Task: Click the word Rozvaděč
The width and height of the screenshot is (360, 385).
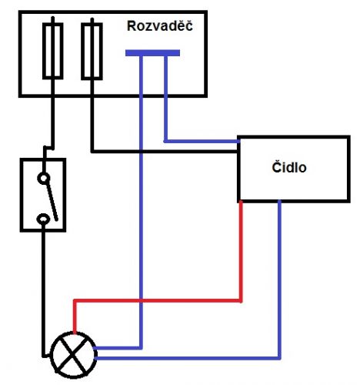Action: pos(160,25)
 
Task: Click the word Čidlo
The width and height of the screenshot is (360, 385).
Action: pos(289,167)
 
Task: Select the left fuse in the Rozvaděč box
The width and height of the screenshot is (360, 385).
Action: pos(53,51)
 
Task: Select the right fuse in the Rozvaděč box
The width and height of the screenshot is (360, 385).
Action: pos(92,51)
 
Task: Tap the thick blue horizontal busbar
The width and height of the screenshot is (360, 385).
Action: pos(152,53)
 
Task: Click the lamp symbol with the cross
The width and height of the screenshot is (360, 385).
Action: pos(74,355)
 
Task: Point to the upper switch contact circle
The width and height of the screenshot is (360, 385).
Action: pos(43,178)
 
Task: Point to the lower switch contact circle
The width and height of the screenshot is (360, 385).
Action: pos(43,219)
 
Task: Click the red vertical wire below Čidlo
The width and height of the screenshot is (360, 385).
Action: pos(241,252)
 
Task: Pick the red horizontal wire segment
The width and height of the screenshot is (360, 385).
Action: pos(157,300)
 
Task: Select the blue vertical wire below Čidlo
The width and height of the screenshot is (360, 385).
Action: pos(279,279)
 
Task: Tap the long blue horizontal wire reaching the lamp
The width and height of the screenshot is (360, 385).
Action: pos(188,358)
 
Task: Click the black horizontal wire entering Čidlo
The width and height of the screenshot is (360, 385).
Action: pos(165,152)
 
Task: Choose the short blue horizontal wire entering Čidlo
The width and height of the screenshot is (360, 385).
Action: pos(202,141)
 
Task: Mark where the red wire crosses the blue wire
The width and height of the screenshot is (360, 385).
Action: pos(141,300)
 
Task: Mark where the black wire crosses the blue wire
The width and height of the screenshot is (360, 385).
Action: pos(141,152)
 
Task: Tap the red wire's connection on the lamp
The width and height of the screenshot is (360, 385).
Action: pos(75,333)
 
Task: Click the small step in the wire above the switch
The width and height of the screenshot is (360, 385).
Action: pos(48,148)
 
